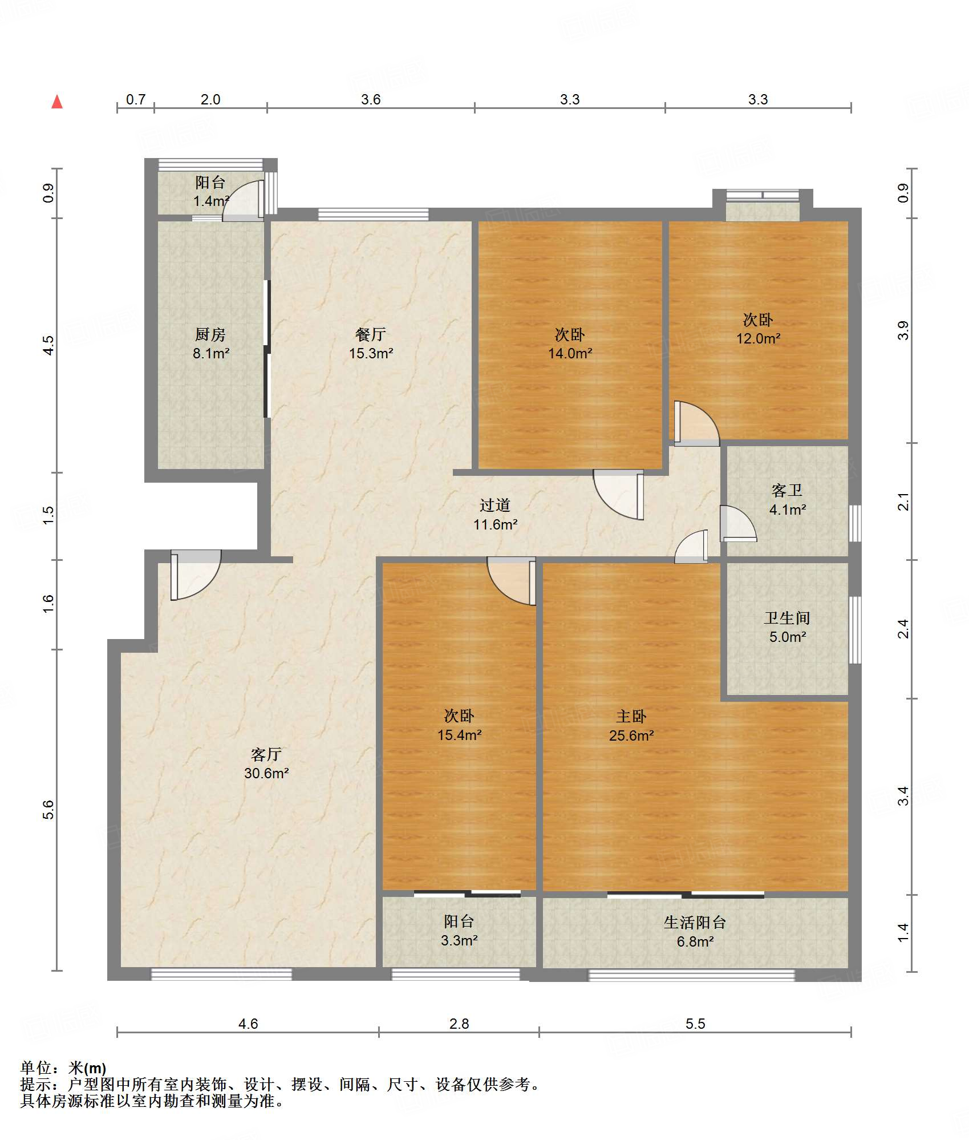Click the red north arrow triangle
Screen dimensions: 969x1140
coord(57,102)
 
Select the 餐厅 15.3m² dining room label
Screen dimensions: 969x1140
coord(371,343)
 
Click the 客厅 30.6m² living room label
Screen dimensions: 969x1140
coord(266,763)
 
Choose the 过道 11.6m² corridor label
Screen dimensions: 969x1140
coord(495,515)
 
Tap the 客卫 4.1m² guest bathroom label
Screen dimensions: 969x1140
coord(787,500)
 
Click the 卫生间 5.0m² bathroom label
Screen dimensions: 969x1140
coord(787,627)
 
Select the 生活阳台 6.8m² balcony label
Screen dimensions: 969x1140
coord(695,932)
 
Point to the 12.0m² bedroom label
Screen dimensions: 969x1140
coord(758,338)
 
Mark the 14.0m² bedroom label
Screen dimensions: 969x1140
coord(570,353)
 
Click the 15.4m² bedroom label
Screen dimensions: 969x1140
coord(459,735)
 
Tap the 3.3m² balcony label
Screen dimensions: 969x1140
coord(459,940)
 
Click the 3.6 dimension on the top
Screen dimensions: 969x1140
coord(371,99)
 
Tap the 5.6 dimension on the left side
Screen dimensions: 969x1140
coord(48,810)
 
